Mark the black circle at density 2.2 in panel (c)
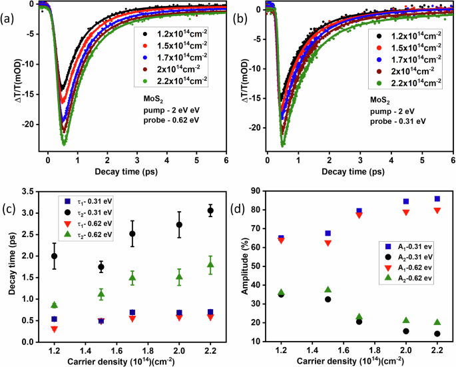210,210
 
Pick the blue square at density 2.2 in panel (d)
437,198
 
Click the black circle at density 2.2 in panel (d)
437,334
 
